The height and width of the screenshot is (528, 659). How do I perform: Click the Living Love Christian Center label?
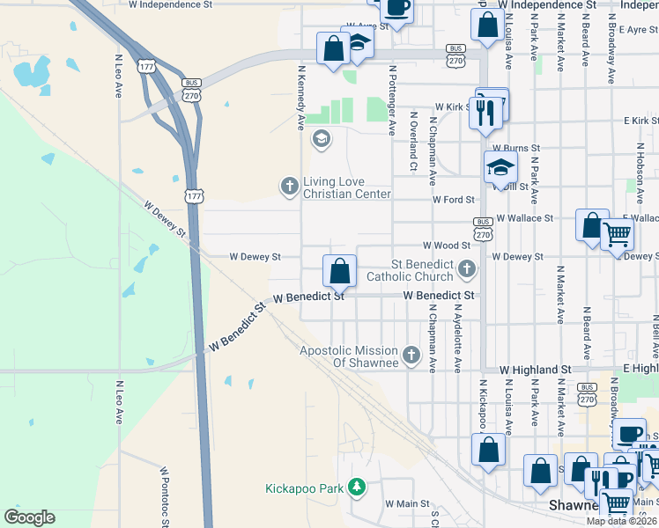tap(346, 187)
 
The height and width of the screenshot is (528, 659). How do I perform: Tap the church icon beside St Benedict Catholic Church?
tap(468, 268)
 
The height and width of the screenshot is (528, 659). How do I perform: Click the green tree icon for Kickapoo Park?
tap(356, 487)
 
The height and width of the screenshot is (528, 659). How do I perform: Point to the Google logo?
tap(29, 517)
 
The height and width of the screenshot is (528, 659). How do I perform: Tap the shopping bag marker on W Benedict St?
tap(339, 272)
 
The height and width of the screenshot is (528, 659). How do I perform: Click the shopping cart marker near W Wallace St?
tap(618, 235)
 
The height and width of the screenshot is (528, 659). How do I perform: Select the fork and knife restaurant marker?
tap(484, 114)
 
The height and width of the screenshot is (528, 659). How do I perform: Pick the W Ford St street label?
tap(453, 200)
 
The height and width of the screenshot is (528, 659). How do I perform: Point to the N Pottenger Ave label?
tap(392, 99)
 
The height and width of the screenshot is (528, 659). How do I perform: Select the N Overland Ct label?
tap(412, 140)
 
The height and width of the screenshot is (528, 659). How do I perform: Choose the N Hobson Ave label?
tap(639, 165)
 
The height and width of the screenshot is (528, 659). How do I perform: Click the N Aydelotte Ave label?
tap(457, 338)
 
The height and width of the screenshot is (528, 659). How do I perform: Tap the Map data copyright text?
tap(622, 520)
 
